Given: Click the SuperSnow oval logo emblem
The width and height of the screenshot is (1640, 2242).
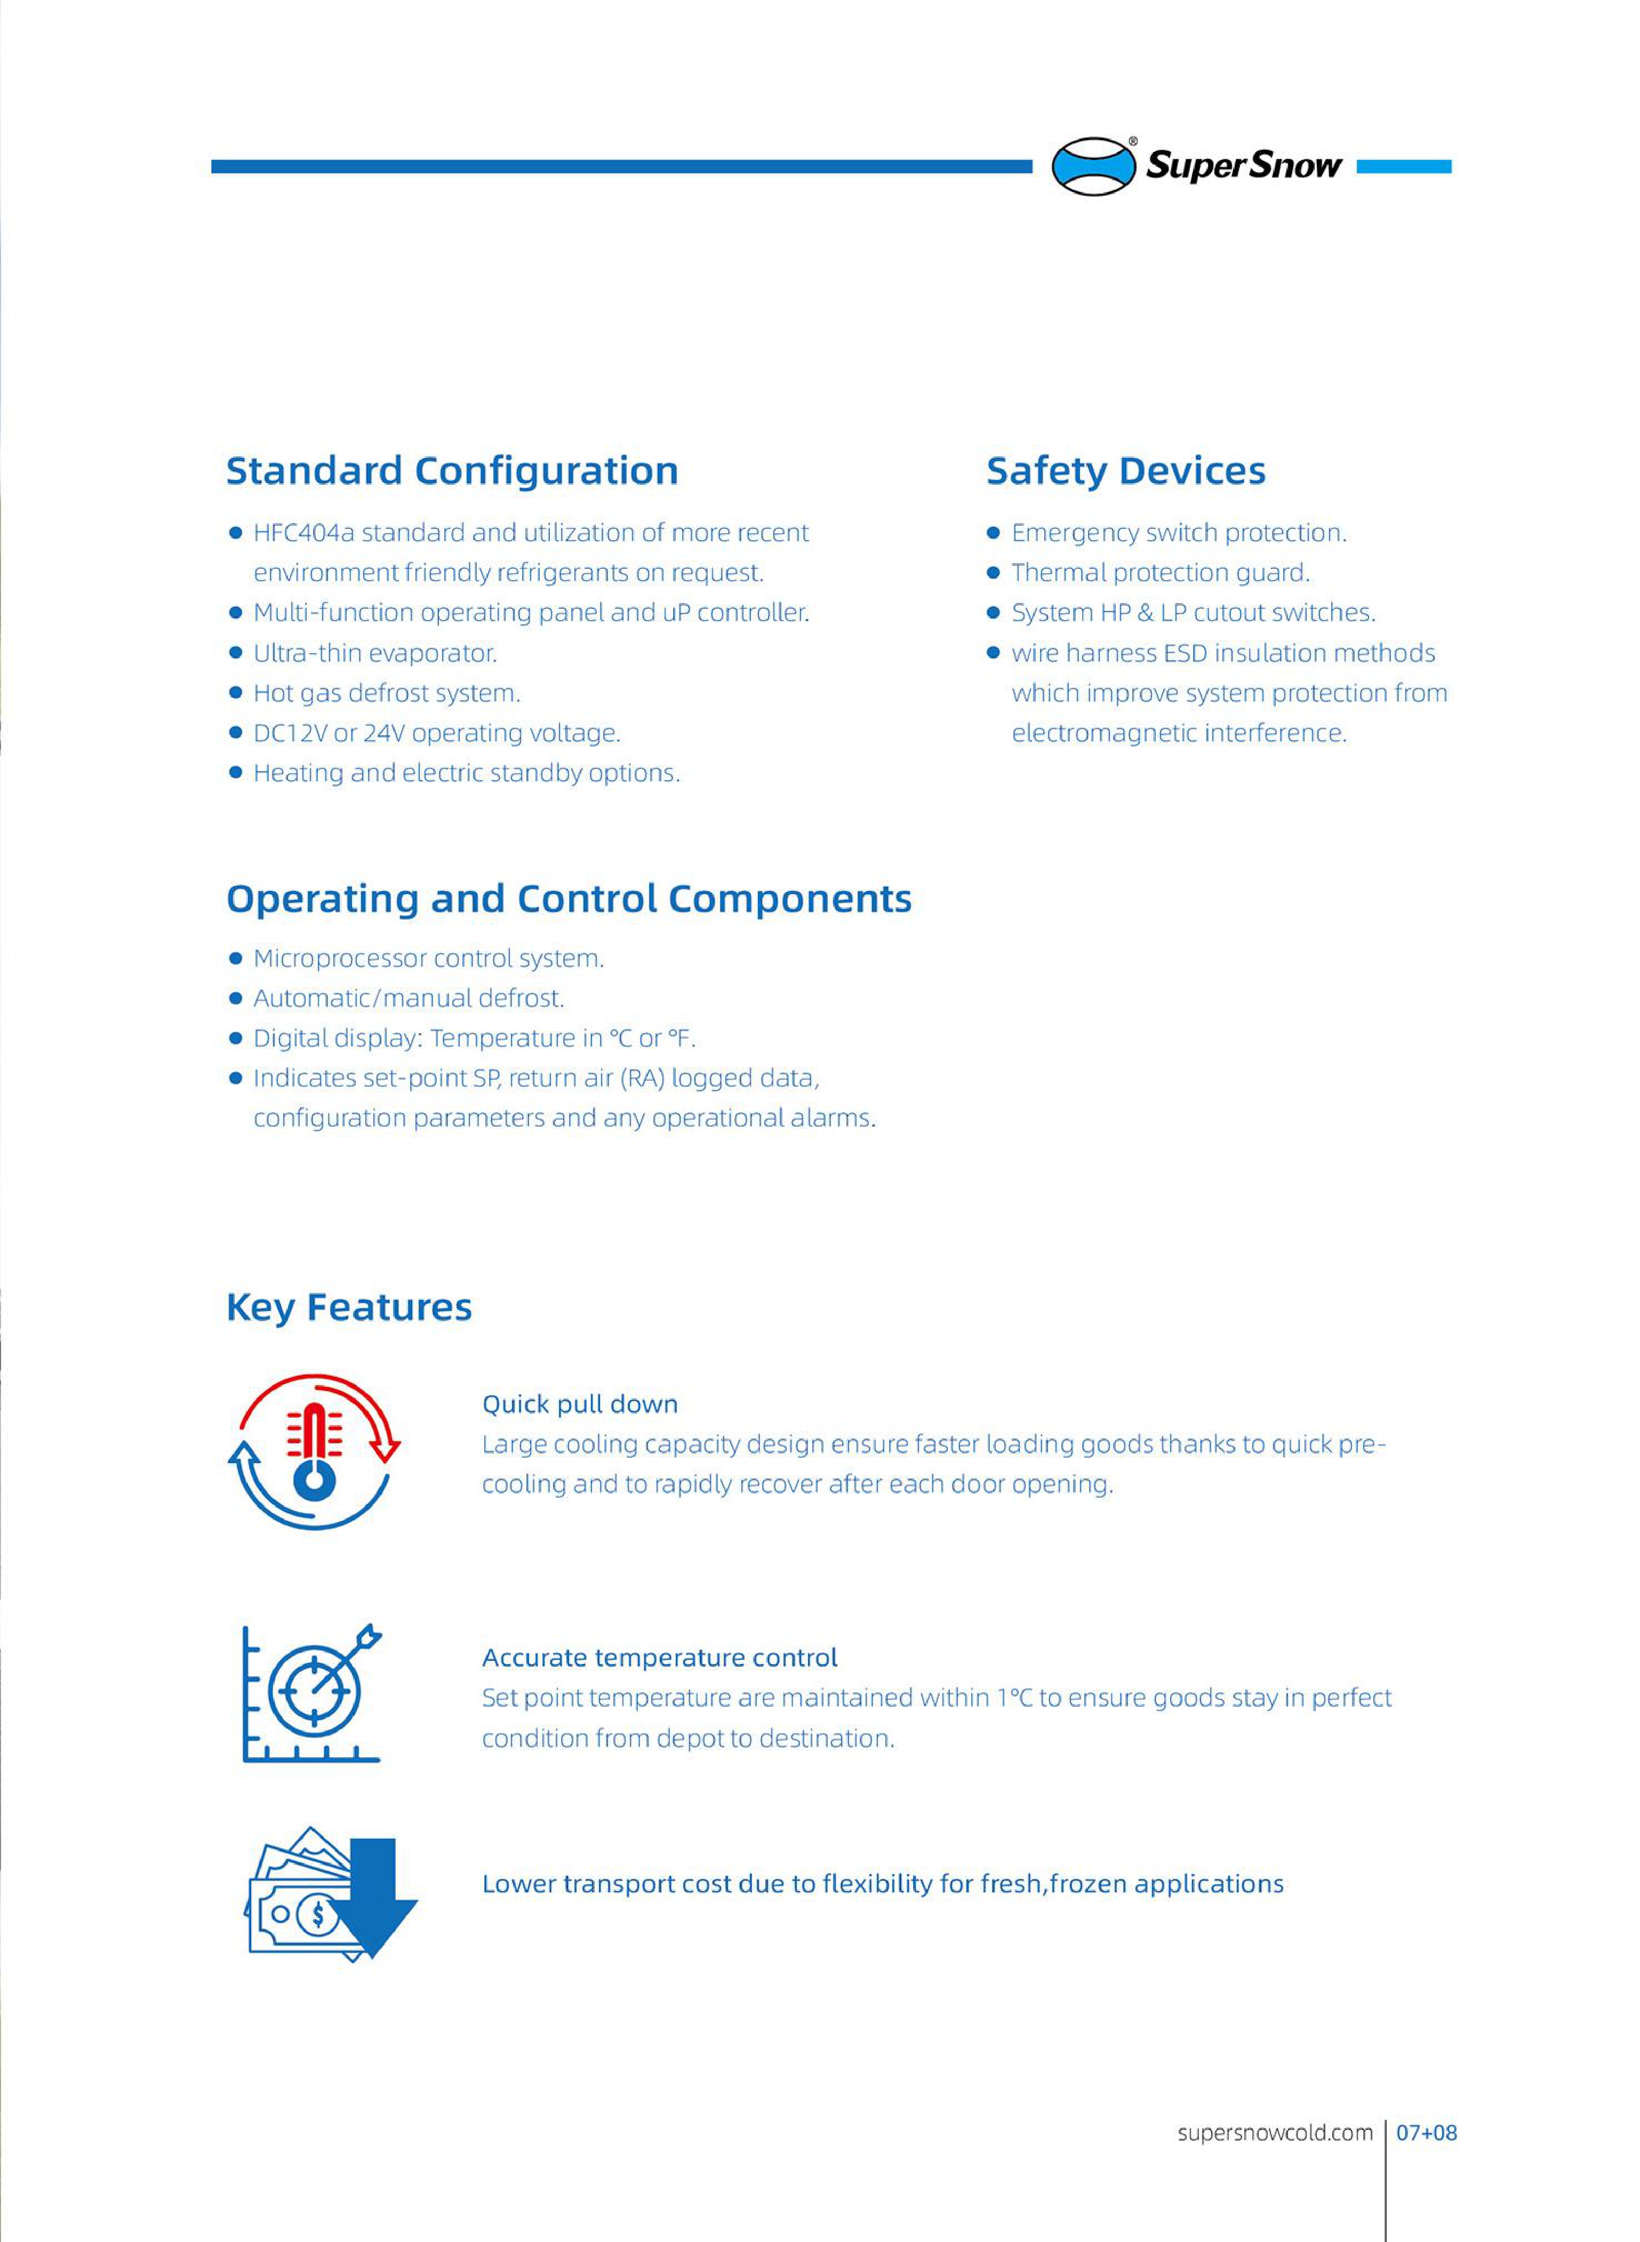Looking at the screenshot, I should pos(1093,166).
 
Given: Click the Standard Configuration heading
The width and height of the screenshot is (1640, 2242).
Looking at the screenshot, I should pos(452,470).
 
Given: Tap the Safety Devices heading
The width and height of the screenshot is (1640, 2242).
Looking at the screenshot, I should pos(1126,470).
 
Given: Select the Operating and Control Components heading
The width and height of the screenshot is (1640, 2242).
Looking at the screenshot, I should pos(569,898).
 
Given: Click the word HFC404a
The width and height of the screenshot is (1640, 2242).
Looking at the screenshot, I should pos(303,533).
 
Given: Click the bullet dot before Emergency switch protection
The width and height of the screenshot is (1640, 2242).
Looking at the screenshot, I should pos(993,533).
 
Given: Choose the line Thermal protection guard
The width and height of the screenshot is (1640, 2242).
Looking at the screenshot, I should pos(1159,573).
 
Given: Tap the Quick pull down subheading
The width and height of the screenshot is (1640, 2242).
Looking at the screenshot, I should pos(580,1404).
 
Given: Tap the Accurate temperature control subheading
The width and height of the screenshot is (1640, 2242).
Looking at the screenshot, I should pos(659,1658).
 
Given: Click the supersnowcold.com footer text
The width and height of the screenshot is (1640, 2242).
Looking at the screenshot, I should pos(1275,2131).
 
